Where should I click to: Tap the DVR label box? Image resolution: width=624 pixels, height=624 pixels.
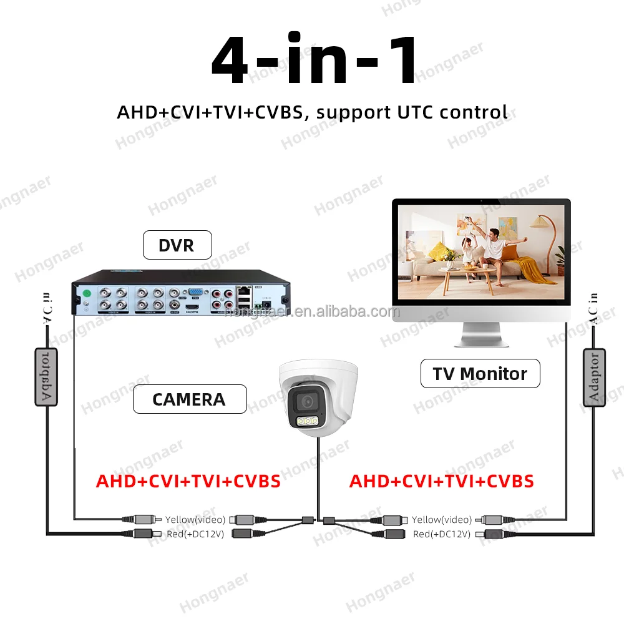pos(177,245)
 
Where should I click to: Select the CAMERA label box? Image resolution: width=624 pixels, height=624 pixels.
pos(189,399)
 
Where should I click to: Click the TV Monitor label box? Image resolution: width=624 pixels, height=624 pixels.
pos(480,374)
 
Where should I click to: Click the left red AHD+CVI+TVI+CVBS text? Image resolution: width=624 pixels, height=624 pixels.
pos(188,482)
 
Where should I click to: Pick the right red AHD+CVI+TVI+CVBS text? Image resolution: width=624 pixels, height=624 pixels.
pos(441,482)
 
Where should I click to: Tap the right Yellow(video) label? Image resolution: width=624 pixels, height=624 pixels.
pos(442,519)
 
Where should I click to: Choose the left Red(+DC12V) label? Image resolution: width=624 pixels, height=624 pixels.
pos(193,534)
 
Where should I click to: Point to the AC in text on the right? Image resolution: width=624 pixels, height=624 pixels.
pos(593,310)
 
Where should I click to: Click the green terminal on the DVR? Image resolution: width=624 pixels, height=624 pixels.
pos(88,293)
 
